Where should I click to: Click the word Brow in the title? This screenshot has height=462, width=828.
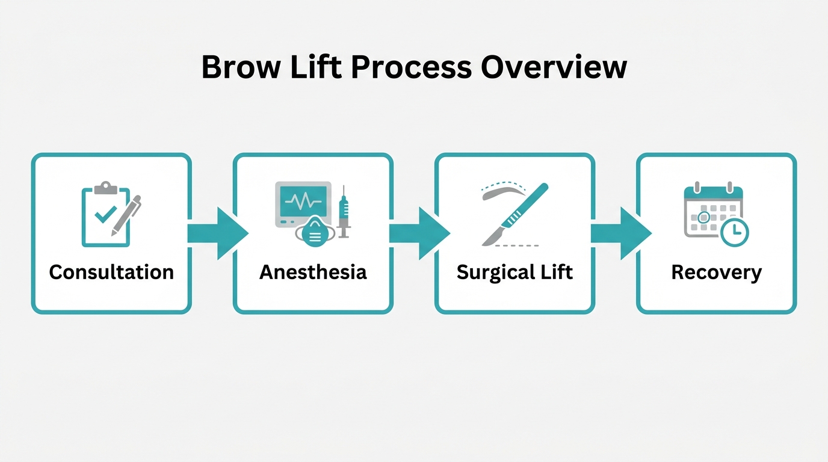click(241, 67)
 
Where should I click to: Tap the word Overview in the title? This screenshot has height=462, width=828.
click(554, 67)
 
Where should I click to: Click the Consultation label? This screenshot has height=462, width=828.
click(111, 273)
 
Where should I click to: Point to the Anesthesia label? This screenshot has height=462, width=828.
click(313, 273)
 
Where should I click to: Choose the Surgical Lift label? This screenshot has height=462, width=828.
click(515, 273)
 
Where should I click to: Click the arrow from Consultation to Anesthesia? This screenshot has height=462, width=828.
click(218, 233)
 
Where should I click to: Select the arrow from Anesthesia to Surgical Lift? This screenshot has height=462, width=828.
click(420, 233)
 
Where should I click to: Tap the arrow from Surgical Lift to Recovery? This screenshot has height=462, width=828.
click(622, 233)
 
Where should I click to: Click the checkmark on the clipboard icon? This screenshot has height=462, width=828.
click(105, 214)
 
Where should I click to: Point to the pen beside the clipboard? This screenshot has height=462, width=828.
click(126, 215)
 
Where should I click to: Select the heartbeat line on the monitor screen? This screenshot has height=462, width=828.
click(303, 202)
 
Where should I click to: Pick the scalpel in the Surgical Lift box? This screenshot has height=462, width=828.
click(515, 214)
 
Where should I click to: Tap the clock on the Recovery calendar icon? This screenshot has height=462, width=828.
click(735, 232)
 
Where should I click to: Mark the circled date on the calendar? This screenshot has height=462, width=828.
click(703, 217)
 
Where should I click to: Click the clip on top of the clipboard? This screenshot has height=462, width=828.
click(106, 188)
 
